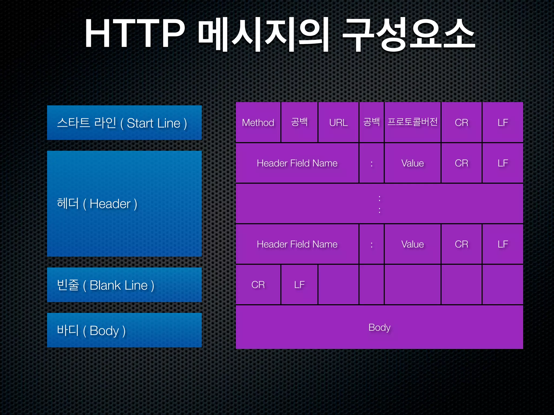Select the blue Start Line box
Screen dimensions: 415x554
[x=124, y=123]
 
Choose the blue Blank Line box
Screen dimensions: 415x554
[x=124, y=285]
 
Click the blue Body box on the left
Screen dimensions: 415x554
[x=124, y=330]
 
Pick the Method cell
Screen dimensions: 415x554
[x=258, y=122]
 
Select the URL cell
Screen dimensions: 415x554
[x=338, y=122]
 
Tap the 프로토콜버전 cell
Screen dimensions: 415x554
[x=413, y=122]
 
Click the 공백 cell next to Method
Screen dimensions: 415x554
[x=299, y=122]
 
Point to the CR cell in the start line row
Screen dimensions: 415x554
[x=461, y=122]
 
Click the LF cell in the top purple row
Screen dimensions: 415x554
[x=503, y=122]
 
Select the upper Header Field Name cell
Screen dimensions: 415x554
[x=297, y=163]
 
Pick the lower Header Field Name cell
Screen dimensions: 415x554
[x=297, y=244]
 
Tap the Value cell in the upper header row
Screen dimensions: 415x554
[x=413, y=163]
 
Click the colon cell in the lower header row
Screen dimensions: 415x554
[x=371, y=244]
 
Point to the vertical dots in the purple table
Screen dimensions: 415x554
[x=380, y=204]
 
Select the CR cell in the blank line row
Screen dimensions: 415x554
[x=258, y=285]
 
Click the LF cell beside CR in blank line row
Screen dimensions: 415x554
[x=299, y=285]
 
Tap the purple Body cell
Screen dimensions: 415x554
[x=379, y=327]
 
